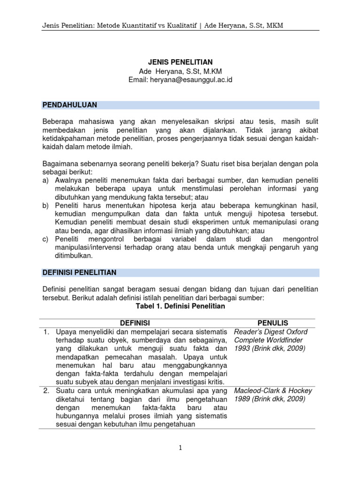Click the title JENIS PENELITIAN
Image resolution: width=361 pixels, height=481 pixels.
point(180,62)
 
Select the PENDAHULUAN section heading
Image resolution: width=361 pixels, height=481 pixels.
point(70,105)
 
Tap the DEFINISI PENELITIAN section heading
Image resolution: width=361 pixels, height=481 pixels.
point(79,272)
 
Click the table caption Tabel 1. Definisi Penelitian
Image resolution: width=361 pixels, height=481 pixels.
point(180,306)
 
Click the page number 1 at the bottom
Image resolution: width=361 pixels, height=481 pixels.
point(180,448)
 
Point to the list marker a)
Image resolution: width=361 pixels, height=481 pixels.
point(46,180)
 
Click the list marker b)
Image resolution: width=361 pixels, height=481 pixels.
point(46,206)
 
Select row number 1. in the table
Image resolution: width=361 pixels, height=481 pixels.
point(47,332)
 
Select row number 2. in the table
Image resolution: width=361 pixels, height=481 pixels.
point(47,391)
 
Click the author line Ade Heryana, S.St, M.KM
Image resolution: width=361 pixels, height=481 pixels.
point(180,71)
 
